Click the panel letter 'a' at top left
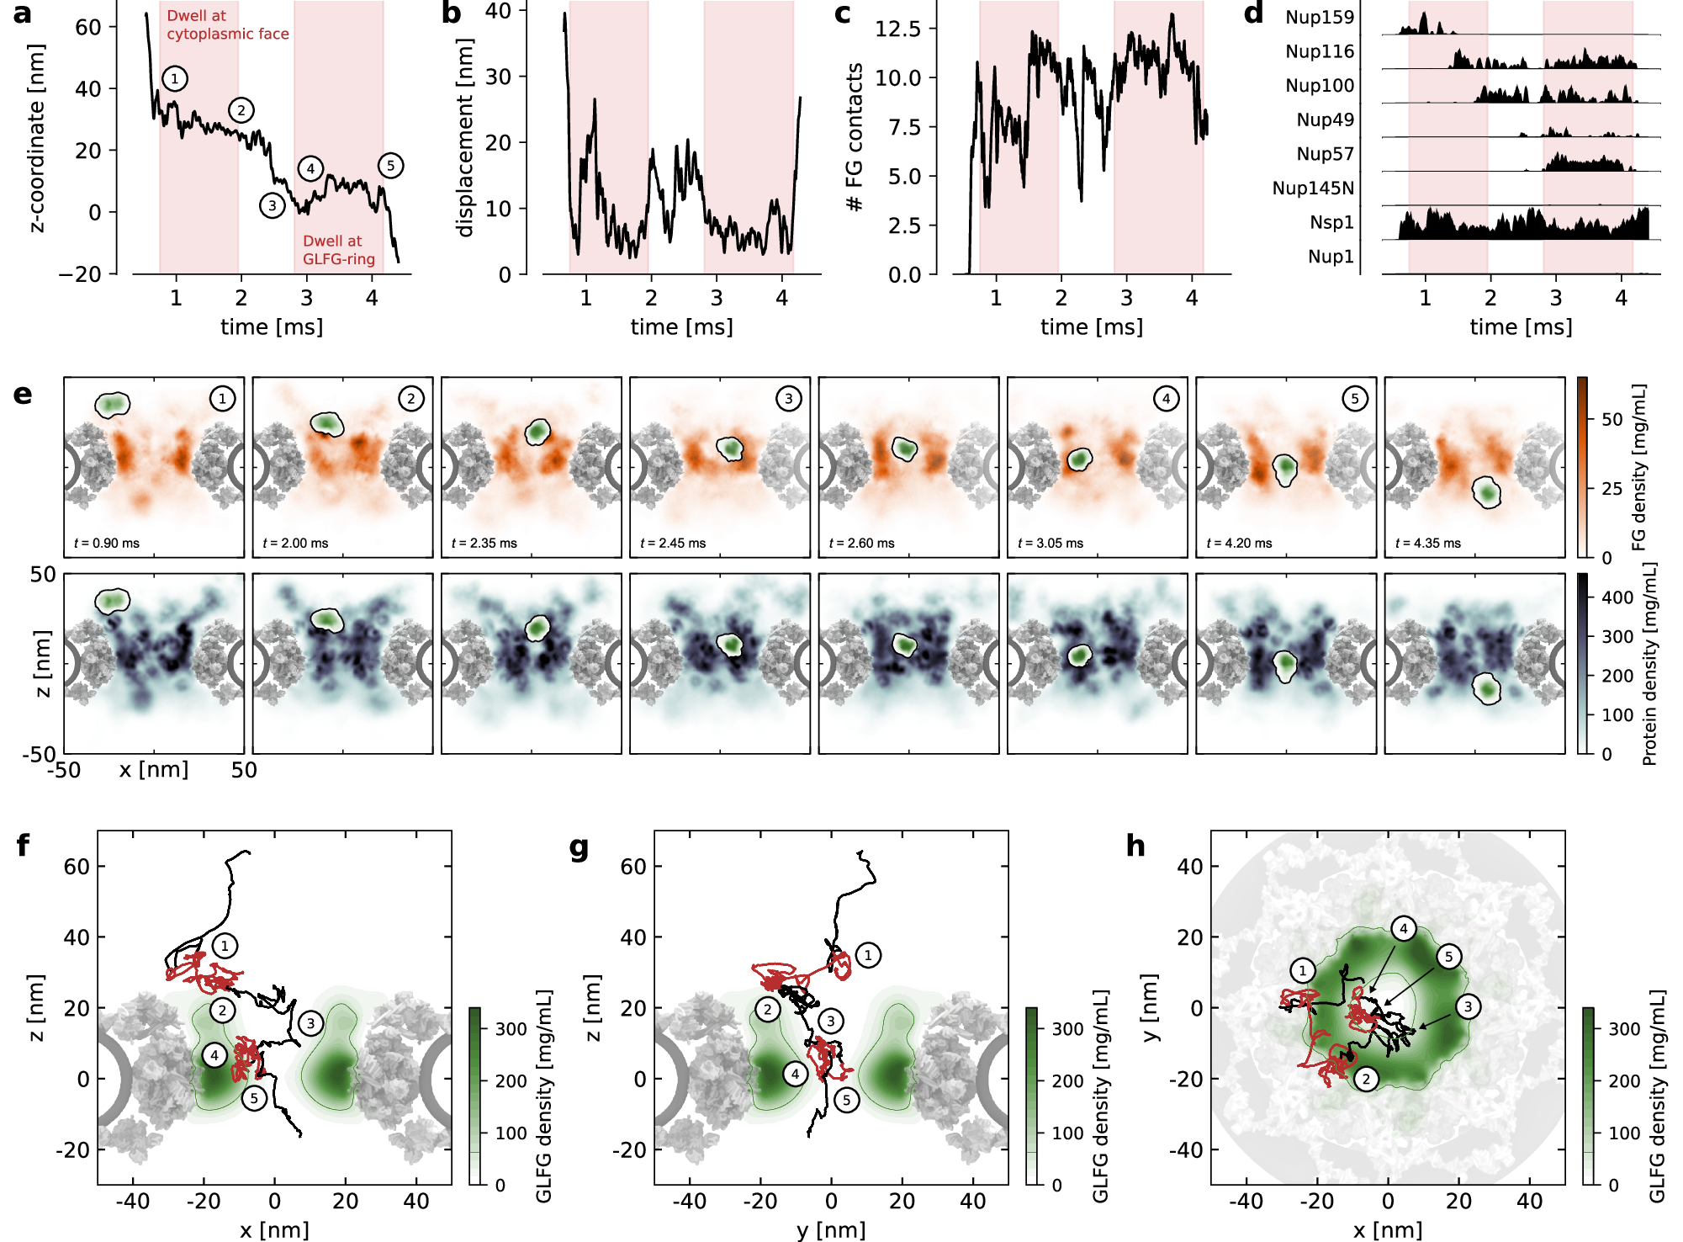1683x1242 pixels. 23,14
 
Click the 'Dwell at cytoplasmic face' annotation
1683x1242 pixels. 227,25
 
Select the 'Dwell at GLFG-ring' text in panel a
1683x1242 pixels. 338,250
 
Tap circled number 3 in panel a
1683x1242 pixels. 272,205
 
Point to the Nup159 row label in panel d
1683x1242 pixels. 1319,18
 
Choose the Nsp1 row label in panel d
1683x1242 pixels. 1331,222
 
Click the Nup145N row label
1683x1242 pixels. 1312,188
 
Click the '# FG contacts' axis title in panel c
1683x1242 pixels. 855,137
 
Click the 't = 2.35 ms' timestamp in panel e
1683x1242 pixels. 484,544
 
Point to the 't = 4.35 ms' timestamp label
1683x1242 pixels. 1428,544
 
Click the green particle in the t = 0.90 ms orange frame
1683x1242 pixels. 112,405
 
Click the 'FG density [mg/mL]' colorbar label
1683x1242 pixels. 1638,467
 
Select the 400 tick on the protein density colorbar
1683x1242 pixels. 1617,597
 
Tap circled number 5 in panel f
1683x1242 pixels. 253,1098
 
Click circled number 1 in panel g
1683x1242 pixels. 868,955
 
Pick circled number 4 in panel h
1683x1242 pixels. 1403,929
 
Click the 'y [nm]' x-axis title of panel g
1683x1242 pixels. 830,1230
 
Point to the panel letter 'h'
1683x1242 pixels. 1135,846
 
